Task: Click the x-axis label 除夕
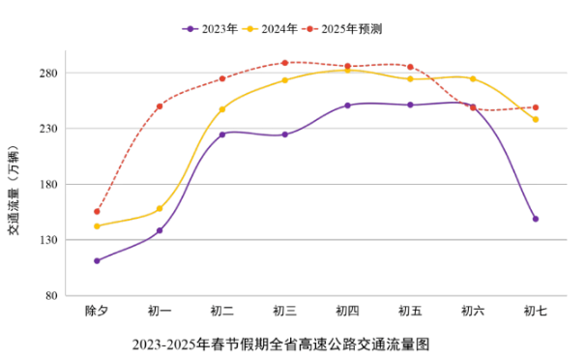(97, 312)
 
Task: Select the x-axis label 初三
(284, 312)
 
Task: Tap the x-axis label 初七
(535, 312)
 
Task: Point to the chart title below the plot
(280, 344)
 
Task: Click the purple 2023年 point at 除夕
(97, 260)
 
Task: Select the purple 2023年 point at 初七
(535, 219)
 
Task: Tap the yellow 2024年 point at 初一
(160, 209)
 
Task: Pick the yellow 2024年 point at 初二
(222, 109)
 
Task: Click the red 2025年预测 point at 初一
(160, 106)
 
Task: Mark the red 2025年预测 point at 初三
(284, 63)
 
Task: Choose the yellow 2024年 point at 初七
(535, 119)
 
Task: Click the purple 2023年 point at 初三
(284, 135)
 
